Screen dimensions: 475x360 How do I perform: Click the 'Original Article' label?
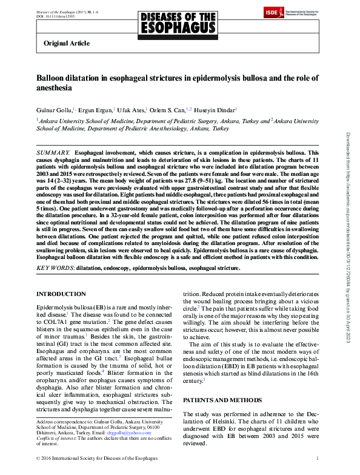67,43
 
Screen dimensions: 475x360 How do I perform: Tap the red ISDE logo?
272,13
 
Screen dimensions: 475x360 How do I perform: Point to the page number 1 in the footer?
326,458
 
